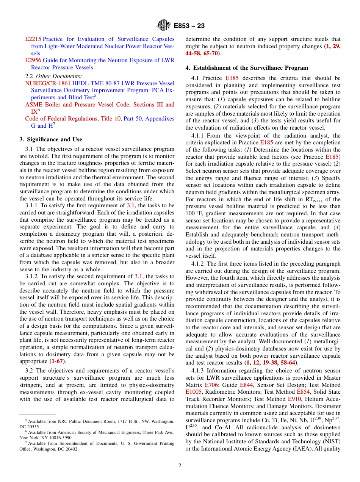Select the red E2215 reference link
33,39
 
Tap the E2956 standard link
33,60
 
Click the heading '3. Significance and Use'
51,139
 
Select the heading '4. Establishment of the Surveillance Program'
247,68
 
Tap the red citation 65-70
211,53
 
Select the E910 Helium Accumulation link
294,399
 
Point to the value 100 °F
195,213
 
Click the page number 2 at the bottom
180,466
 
